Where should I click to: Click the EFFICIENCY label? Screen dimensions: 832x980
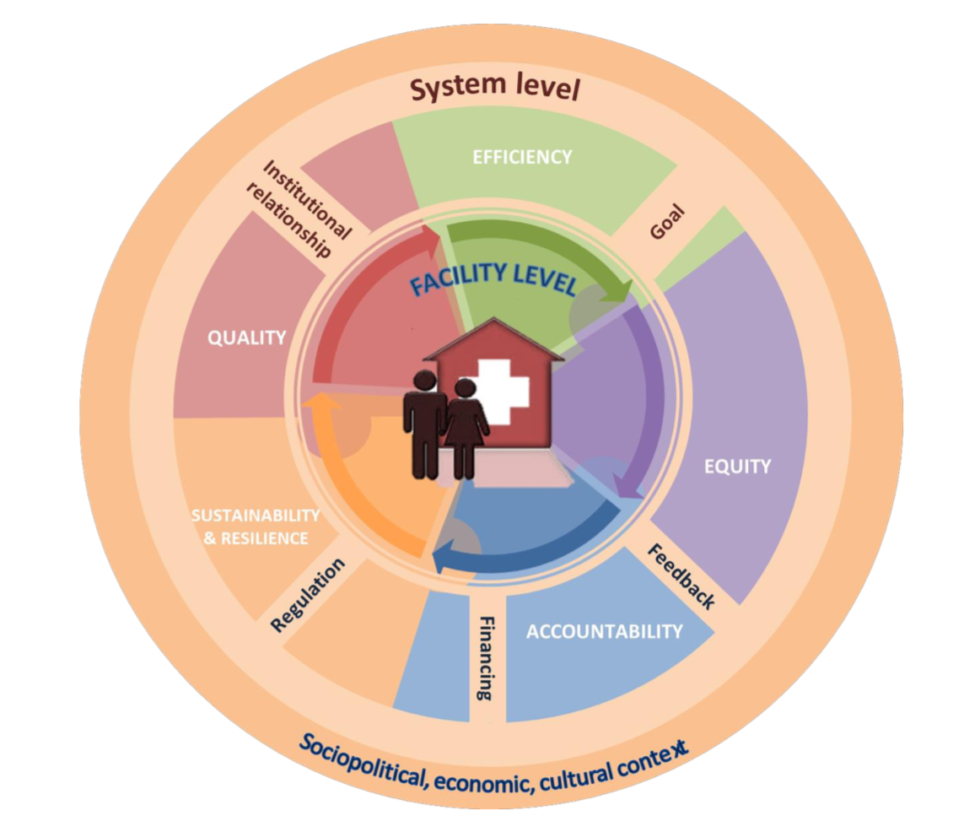click(x=522, y=157)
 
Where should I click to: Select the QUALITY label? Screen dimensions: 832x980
click(x=247, y=338)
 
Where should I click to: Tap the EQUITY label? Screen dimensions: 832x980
click(x=738, y=465)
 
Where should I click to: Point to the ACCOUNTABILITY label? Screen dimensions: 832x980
click(x=604, y=631)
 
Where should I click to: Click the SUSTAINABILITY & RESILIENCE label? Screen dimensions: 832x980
click(x=256, y=526)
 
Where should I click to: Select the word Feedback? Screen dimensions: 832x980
click(x=681, y=576)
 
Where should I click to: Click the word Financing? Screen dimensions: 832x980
click(x=486, y=658)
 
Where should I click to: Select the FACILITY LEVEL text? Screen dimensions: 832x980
click(x=493, y=278)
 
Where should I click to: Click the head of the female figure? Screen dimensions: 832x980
click(x=465, y=390)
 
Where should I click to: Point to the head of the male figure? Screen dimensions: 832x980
click(x=424, y=381)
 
